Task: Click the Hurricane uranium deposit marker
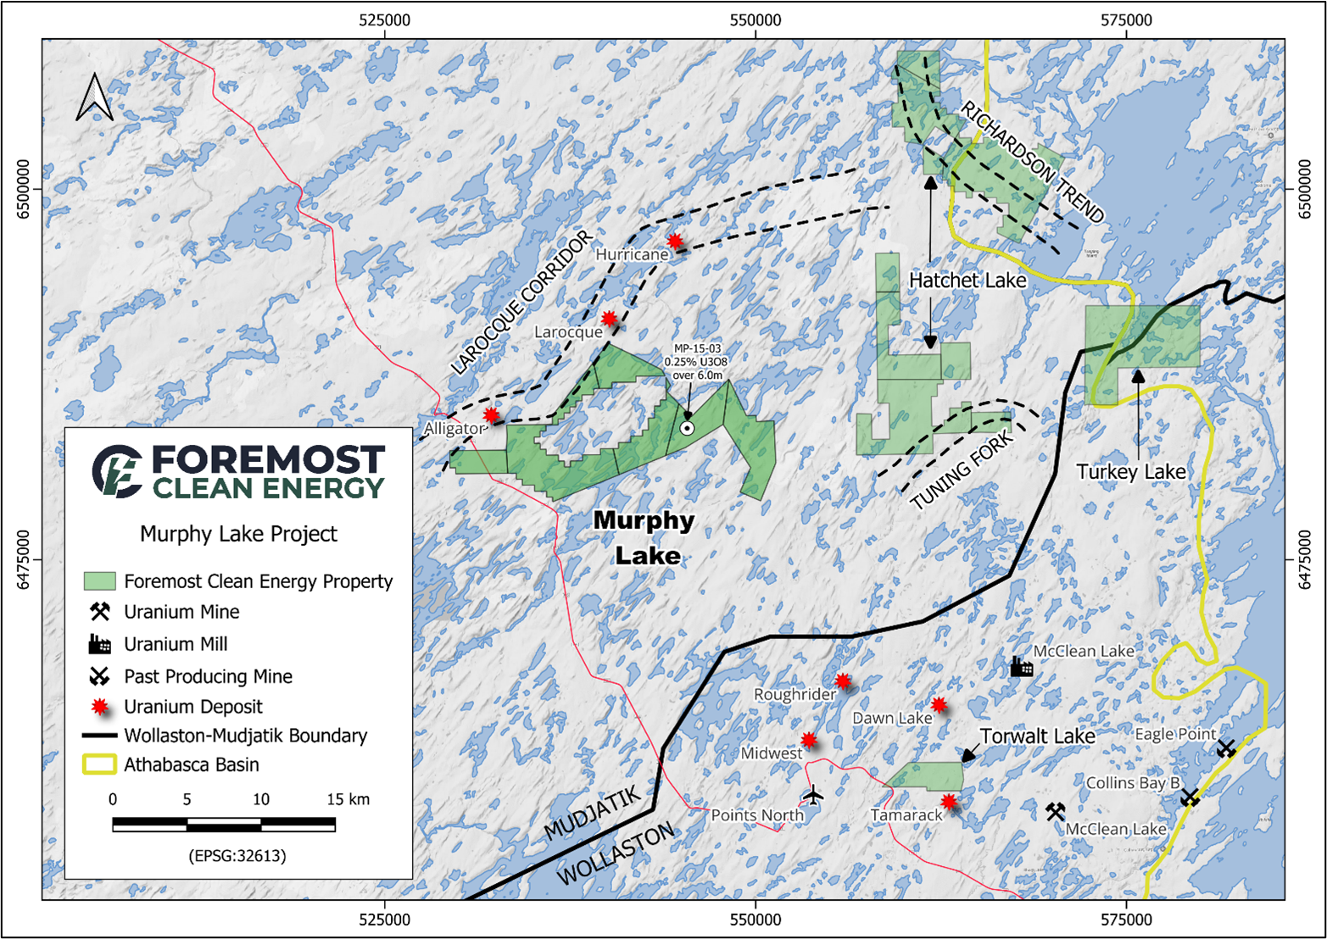[x=674, y=242]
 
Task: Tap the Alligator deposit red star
[x=492, y=415]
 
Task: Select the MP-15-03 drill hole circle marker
[x=688, y=429]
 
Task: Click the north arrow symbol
[x=94, y=97]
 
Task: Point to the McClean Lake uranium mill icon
[x=1022, y=667]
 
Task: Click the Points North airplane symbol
[x=812, y=795]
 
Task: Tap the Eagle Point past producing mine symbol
[x=1226, y=748]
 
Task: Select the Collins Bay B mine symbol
[x=1190, y=797]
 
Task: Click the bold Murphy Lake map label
[x=645, y=538]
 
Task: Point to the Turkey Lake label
[x=1131, y=472]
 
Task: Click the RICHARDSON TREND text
[x=1033, y=162]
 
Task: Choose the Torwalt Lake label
[x=1037, y=736]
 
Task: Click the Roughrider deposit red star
[x=842, y=681]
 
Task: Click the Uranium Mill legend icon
[x=100, y=644]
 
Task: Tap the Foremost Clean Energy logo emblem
[x=117, y=470]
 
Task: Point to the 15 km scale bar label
[x=348, y=799]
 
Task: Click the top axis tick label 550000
[x=755, y=19]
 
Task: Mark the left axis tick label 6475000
[x=23, y=560]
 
